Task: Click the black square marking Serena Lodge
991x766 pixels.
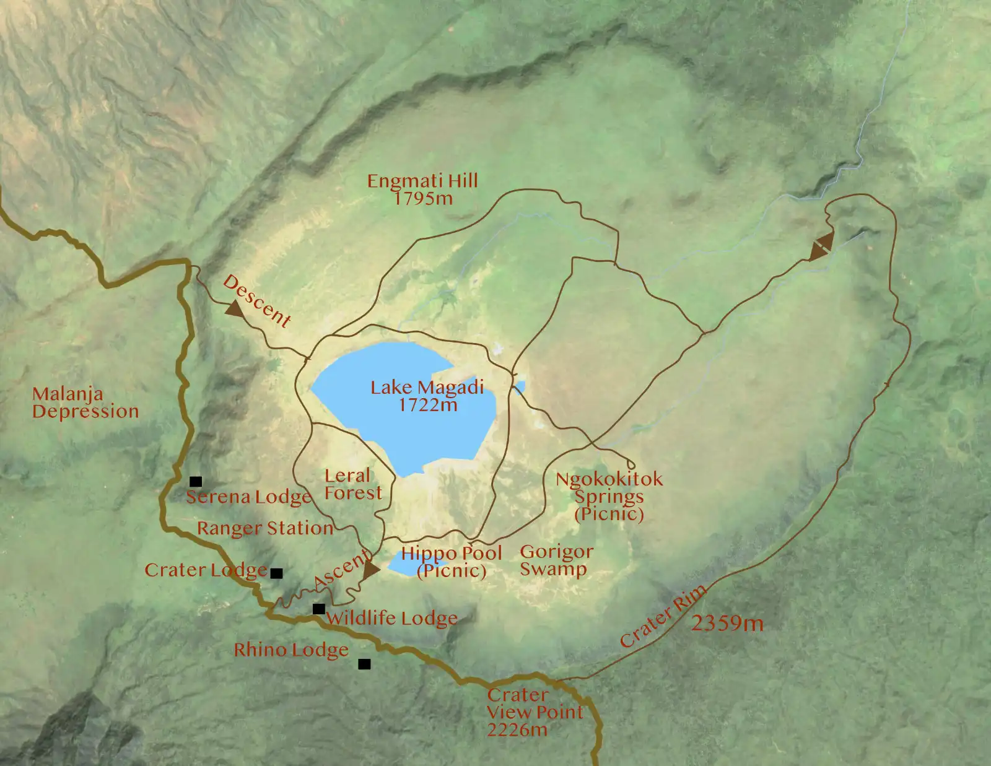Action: [196, 481]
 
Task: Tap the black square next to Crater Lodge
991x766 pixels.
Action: [277, 573]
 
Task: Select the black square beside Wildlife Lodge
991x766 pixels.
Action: [318, 609]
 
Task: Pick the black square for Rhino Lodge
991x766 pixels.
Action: [364, 664]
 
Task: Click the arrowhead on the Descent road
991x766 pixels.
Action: [234, 308]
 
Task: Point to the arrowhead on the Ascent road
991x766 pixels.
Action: [370, 569]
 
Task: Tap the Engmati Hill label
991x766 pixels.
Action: [422, 181]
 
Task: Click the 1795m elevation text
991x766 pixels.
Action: [424, 198]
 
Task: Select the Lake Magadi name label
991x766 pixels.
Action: [427, 388]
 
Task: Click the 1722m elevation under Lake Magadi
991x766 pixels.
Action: [428, 405]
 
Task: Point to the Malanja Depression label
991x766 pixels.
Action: [85, 403]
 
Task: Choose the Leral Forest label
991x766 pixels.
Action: [352, 484]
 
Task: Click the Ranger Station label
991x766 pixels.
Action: [265, 528]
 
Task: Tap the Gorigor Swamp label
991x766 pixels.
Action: [556, 560]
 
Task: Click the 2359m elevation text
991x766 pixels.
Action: [727, 623]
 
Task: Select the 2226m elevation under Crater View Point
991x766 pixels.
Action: [517, 730]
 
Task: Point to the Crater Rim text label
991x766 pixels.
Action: [663, 616]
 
